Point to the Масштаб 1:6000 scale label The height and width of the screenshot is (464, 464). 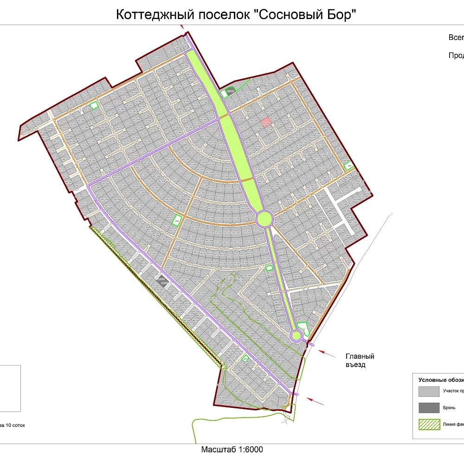(x=232, y=449)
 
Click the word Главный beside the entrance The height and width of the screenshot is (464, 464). (x=360, y=356)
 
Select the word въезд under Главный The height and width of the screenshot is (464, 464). (x=355, y=365)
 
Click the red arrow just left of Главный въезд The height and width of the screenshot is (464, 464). (x=328, y=353)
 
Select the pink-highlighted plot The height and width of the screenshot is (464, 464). (x=266, y=122)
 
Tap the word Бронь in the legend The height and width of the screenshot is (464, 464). (x=449, y=408)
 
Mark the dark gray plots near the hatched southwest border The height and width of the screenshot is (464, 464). (x=162, y=280)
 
